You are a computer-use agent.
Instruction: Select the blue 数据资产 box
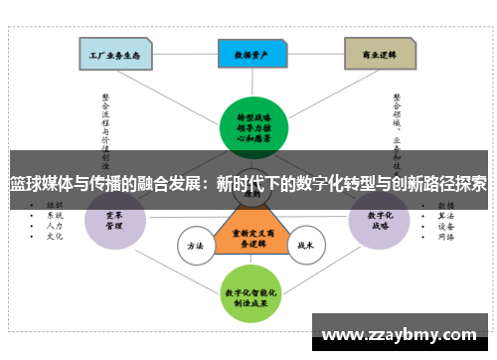(248, 54)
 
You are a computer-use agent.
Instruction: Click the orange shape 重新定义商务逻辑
(248, 237)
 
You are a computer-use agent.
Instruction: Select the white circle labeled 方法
(195, 244)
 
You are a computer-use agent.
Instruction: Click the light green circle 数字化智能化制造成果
(248, 293)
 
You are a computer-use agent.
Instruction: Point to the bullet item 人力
(55, 226)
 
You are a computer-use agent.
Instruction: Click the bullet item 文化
(55, 237)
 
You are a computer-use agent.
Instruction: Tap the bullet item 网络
(445, 237)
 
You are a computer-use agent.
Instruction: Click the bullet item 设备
(445, 226)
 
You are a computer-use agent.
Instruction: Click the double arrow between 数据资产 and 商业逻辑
(314, 54)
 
